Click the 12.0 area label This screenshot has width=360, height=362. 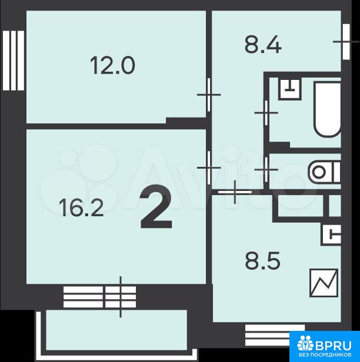(112, 66)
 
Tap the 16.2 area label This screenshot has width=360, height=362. (81, 208)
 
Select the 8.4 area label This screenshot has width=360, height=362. (263, 45)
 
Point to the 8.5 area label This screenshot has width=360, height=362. (263, 261)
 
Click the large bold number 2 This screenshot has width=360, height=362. (156, 206)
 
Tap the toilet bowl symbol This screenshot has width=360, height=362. (324, 172)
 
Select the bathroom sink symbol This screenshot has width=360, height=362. (290, 89)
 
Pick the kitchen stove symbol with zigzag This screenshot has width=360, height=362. (324, 283)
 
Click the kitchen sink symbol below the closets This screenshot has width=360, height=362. (331, 235)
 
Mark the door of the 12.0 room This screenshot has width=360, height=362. (209, 95)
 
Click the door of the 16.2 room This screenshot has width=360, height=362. (209, 167)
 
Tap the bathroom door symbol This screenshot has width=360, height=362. (266, 113)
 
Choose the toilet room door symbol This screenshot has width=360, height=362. (266, 170)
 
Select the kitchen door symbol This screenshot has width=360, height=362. (235, 192)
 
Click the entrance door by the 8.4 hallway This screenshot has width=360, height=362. (346, 42)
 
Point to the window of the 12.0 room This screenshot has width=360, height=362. (13, 61)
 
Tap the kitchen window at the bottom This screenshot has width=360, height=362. (275, 335)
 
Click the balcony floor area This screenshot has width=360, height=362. (116, 330)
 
